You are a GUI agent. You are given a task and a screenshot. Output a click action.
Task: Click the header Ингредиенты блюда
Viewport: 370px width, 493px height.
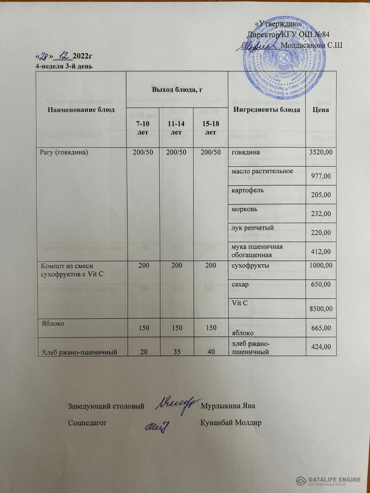pyautogui.click(x=266, y=110)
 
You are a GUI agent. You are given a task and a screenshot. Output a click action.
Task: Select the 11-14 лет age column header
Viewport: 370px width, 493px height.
pyautogui.click(x=176, y=127)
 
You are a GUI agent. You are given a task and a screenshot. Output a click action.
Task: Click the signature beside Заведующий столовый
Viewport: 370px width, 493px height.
pyautogui.click(x=176, y=404)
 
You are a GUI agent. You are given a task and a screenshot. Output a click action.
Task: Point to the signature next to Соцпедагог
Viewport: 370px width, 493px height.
pyautogui.click(x=158, y=425)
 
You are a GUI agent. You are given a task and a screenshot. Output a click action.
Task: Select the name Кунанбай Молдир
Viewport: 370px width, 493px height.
pyautogui.click(x=231, y=423)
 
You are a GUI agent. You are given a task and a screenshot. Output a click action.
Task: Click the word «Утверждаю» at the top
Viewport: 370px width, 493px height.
pyautogui.click(x=279, y=24)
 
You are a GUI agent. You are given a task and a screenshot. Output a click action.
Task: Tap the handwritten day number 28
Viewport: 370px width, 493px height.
pyautogui.click(x=45, y=56)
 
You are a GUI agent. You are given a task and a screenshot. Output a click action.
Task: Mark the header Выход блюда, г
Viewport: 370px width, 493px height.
pyautogui.click(x=177, y=90)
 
